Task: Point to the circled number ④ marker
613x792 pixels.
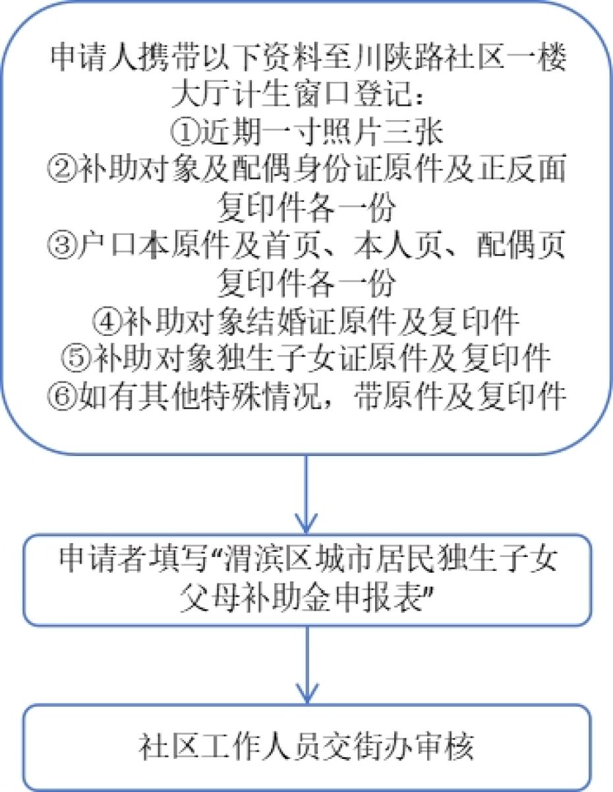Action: pyautogui.click(x=107, y=321)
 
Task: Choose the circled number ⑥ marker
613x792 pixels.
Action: pyautogui.click(x=63, y=397)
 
